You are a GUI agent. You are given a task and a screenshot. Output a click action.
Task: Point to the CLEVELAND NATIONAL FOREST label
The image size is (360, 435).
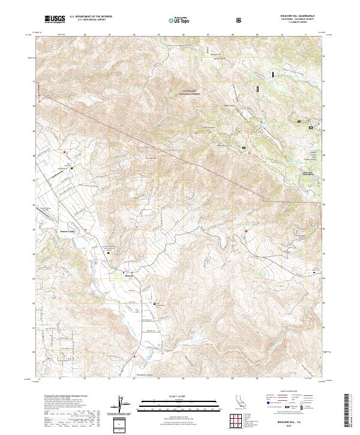coord(190,92)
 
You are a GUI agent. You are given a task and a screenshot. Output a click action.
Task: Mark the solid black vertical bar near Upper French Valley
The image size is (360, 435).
coord(274,74)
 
